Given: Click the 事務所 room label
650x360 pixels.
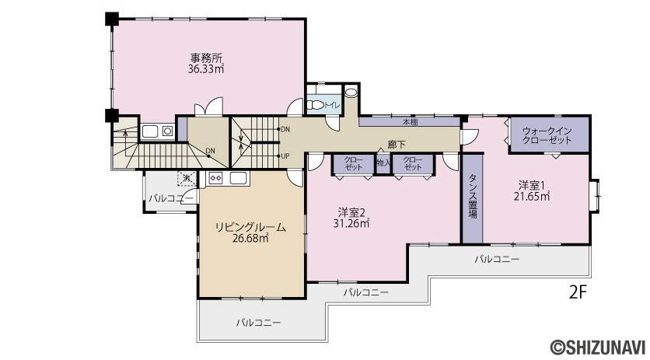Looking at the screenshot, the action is coord(206,58).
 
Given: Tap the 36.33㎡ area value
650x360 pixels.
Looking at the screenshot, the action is coord(206,69).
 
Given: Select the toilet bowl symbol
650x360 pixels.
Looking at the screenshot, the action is coord(316,105).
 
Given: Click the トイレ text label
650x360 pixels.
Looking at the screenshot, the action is coord(332,105).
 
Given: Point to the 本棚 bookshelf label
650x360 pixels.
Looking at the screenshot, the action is coord(411,122).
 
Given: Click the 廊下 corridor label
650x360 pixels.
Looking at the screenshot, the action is coord(397,145).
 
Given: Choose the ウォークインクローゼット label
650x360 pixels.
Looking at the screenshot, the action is coord(547,135).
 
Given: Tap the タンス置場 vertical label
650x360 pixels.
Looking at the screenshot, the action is coord(473,196).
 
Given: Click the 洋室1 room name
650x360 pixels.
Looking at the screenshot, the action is coord(532,184).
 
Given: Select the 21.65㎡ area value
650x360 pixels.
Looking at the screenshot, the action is coord(532,196).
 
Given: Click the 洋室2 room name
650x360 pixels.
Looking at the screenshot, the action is coord(351,213).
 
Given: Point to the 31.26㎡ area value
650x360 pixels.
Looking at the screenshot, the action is coord(351,224).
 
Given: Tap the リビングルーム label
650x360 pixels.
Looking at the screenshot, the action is coord(251,227).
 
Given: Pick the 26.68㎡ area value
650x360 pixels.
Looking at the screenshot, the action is coord(250,239).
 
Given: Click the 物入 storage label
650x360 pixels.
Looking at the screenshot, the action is coord(383,163).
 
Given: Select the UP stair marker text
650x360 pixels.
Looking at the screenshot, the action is coord(285,156).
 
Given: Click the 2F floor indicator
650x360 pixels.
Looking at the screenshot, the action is coord(578,293).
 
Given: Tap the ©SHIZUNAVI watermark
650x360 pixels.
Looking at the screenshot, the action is coord(598,347).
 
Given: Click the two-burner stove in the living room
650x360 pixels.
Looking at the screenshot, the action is coord(216,178).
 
